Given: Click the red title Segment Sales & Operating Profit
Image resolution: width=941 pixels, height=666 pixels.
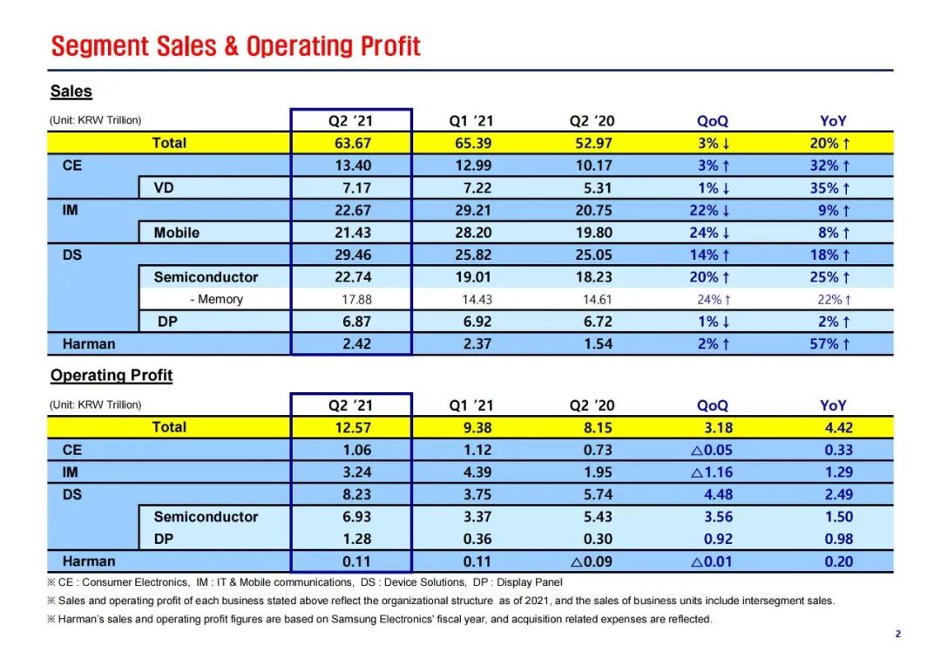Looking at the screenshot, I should [x=236, y=46].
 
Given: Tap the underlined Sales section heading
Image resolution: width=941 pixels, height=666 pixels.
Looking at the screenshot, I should [x=71, y=92].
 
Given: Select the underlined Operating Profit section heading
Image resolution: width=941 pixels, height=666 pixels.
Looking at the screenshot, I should [x=111, y=376].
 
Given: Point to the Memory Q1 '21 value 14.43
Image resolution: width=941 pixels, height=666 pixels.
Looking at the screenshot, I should [x=470, y=300].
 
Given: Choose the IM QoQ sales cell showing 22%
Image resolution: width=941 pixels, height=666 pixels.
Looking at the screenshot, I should [x=712, y=210].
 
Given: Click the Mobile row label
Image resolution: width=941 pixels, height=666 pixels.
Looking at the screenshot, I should [x=176, y=233].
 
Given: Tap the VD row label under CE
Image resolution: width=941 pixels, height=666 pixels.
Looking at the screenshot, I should [x=164, y=187].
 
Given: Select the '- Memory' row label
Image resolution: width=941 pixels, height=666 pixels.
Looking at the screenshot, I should [x=216, y=300].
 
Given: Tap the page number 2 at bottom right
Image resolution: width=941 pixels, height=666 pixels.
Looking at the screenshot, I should [x=897, y=634].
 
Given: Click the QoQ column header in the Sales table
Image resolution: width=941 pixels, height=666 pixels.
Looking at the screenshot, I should [x=712, y=122].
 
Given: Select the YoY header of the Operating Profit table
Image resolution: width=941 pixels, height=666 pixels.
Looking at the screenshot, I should [x=833, y=405].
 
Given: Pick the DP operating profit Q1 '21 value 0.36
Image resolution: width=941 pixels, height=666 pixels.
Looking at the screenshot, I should [x=470, y=539].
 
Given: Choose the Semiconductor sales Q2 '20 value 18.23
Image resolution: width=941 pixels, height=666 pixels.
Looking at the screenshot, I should [x=592, y=277].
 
